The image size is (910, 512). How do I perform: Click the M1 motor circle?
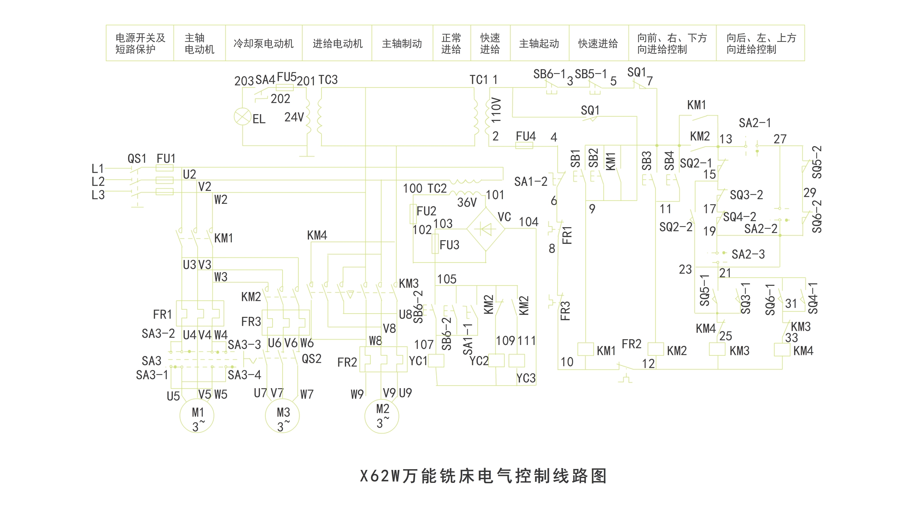click(x=197, y=416)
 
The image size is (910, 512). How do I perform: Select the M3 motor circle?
click(x=282, y=416)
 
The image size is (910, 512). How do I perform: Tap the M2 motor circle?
click(x=382, y=416)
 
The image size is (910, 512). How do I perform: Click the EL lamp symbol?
click(x=242, y=116)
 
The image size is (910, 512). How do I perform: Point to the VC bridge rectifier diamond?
click(x=486, y=229)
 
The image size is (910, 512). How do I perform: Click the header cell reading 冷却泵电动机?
click(x=263, y=43)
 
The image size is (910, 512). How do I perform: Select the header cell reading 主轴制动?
click(x=402, y=43)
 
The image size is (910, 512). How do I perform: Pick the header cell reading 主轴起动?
click(x=539, y=43)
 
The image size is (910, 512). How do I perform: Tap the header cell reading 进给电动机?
click(x=337, y=43)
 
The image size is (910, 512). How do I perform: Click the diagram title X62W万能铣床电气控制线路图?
click(x=483, y=476)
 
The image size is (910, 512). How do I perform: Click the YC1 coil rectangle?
click(x=436, y=360)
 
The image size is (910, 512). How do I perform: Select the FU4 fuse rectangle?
click(x=524, y=145)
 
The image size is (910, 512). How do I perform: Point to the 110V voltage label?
click(x=496, y=109)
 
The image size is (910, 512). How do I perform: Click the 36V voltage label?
click(x=467, y=203)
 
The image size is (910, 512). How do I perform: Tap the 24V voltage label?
click(x=294, y=117)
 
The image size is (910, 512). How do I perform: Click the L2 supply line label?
click(x=98, y=181)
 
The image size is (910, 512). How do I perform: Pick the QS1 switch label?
click(x=137, y=158)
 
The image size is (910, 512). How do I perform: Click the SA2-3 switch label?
click(x=748, y=254)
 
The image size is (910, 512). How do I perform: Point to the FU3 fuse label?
click(x=449, y=245)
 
